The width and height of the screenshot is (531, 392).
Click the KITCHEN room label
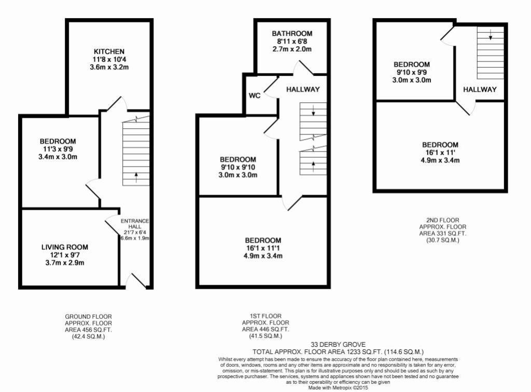(x=108, y=51)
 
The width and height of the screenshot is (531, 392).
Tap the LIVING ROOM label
(x=65, y=247)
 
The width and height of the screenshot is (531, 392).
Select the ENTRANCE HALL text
(x=135, y=224)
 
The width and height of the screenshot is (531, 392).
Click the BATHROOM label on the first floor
(x=292, y=34)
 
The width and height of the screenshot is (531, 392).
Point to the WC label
(x=255, y=96)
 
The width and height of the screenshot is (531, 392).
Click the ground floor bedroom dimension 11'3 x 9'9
(x=58, y=149)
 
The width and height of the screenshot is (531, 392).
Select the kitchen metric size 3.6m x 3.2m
(x=109, y=67)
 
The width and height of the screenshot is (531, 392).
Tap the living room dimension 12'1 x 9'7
(x=65, y=255)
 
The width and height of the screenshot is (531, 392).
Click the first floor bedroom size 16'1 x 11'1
(x=263, y=248)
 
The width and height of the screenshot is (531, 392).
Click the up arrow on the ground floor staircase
(x=136, y=175)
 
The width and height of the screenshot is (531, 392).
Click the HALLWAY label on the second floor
(x=480, y=89)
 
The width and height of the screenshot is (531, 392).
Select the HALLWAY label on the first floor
(x=303, y=89)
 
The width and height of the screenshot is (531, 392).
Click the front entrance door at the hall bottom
(x=136, y=281)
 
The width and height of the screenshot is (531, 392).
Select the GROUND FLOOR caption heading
(x=88, y=316)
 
